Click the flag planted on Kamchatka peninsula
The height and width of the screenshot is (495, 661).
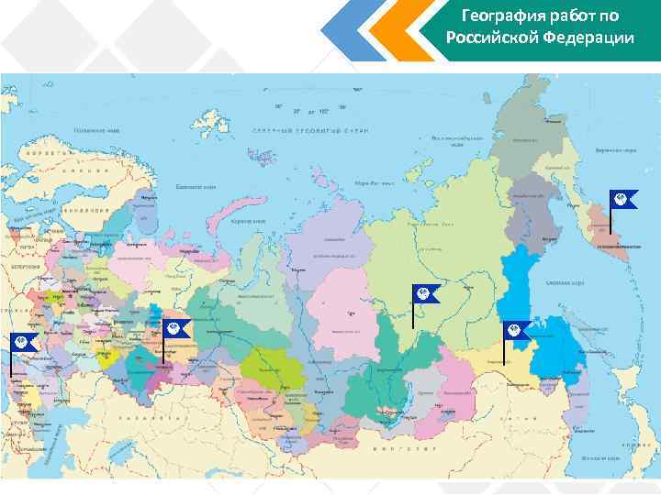[623, 201]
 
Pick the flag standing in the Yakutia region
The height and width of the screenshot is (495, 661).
[426, 294]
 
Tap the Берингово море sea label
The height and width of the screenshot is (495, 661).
[614, 148]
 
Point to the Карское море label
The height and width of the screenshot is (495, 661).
[248, 221]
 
